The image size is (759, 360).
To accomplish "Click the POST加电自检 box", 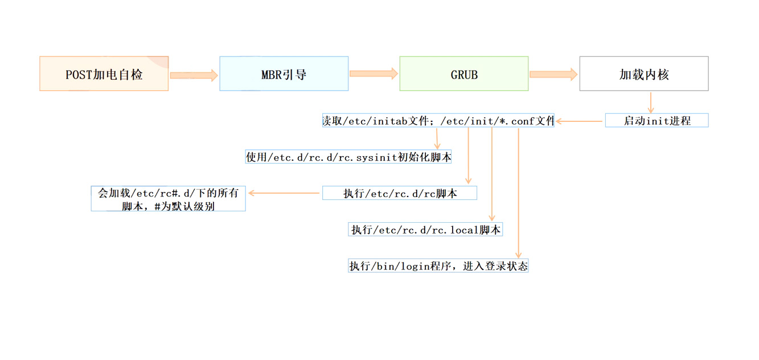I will [x=104, y=73].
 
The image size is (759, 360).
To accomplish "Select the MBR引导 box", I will [x=284, y=73].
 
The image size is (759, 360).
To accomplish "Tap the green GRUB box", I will [x=463, y=73].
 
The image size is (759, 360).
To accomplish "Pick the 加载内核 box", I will [x=643, y=73].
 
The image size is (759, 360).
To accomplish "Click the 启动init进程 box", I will [x=657, y=121].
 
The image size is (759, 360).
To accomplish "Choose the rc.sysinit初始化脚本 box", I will [x=348, y=157].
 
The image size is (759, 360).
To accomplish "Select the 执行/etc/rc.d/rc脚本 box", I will [x=399, y=193].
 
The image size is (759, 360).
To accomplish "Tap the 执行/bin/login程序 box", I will [x=438, y=265].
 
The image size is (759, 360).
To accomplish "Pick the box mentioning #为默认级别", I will [x=168, y=199].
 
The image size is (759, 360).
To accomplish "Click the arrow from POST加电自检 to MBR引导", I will [x=194, y=75].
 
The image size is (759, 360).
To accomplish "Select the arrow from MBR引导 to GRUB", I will [x=374, y=73].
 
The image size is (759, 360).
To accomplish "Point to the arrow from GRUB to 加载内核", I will [x=553, y=75].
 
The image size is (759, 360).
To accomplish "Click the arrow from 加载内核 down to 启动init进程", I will [x=650, y=102].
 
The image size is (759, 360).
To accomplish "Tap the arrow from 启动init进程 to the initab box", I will [x=580, y=121].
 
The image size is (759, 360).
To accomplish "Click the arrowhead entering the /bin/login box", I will [x=518, y=254].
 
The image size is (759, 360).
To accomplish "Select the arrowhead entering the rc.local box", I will [x=491, y=218].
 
